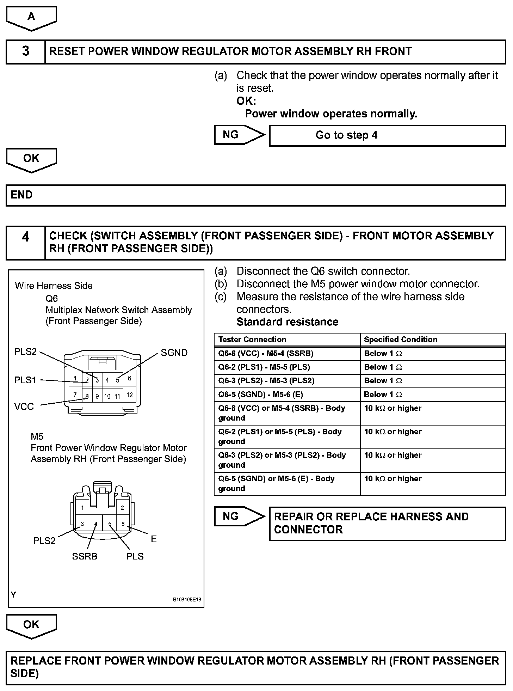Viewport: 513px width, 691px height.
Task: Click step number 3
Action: pyautogui.click(x=26, y=51)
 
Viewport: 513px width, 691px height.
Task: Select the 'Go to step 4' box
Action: pyautogui.click(x=387, y=135)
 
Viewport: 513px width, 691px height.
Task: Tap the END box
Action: pyautogui.click(x=256, y=195)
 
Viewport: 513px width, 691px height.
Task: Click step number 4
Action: pyautogui.click(x=26, y=237)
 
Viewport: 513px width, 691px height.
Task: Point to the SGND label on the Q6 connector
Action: pyautogui.click(x=174, y=353)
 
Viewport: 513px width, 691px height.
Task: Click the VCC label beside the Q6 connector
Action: pyautogui.click(x=24, y=407)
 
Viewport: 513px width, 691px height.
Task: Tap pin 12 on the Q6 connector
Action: pyautogui.click(x=130, y=395)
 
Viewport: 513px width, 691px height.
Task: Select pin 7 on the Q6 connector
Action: pyautogui.click(x=75, y=395)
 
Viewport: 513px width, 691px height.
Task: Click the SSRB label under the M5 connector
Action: pyautogui.click(x=85, y=556)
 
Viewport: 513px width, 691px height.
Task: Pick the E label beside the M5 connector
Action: pyautogui.click(x=154, y=539)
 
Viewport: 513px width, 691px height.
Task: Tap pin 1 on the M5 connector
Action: pyautogui.click(x=82, y=508)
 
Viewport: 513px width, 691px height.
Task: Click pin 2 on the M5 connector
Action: pyautogui.click(x=122, y=508)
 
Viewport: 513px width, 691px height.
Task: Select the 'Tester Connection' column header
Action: pyautogui.click(x=252, y=340)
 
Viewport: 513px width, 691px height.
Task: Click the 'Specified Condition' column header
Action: pyautogui.click(x=401, y=340)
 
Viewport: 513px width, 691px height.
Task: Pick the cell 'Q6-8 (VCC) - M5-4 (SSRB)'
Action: pyautogui.click(x=266, y=354)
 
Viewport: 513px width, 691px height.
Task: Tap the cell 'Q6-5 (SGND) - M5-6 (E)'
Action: pyautogui.click(x=261, y=395)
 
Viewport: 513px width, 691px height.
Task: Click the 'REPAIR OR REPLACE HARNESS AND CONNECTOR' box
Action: pyautogui.click(x=387, y=524)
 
